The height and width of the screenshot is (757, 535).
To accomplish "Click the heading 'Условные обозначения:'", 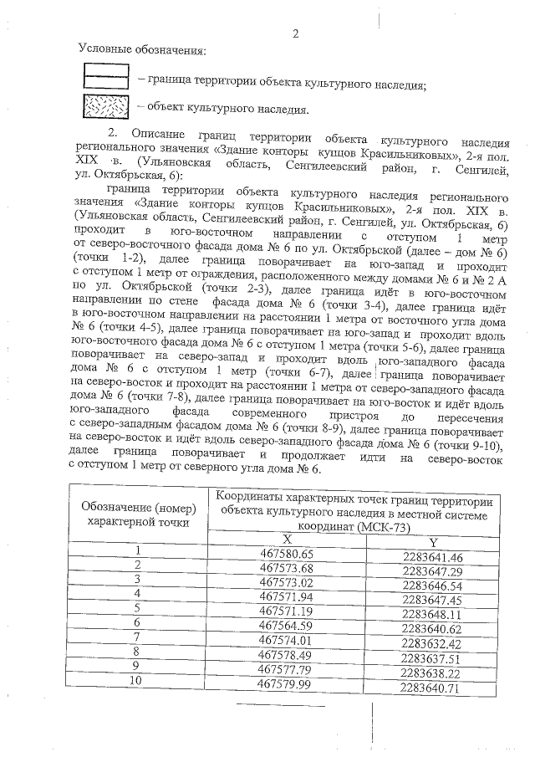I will (140, 51).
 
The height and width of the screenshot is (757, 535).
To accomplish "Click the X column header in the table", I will (286, 540).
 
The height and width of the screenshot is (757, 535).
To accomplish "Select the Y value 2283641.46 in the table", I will (432, 557).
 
